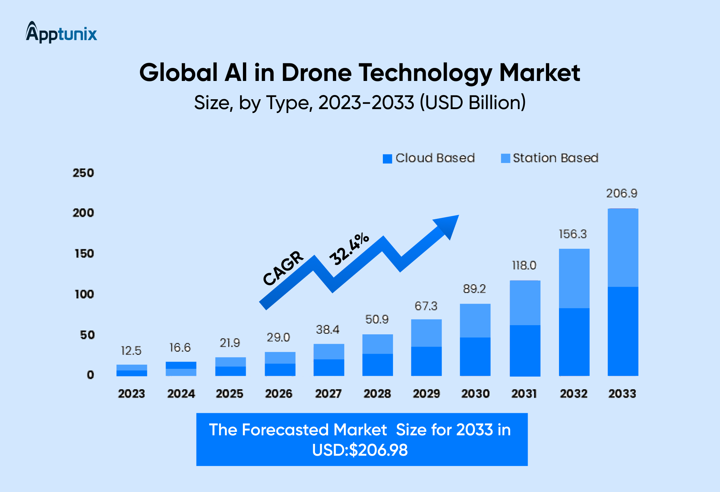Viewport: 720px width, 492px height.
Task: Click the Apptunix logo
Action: pos(61,33)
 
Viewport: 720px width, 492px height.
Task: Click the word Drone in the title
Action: pos(316,73)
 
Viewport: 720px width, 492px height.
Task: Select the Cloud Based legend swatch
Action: pos(387,159)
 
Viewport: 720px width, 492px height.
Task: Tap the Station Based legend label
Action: pos(555,158)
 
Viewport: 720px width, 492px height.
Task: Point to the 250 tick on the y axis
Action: pos(83,173)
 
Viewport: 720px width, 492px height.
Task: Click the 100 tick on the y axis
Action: pos(84,294)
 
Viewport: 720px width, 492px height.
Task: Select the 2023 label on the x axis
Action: pos(131,393)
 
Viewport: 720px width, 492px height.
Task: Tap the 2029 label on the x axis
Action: pos(426,393)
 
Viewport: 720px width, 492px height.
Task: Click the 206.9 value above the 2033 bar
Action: pos(622,193)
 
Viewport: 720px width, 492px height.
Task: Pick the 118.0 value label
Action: pos(524,265)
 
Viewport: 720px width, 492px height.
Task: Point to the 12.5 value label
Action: pos(131,351)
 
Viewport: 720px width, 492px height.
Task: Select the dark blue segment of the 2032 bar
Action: pos(574,341)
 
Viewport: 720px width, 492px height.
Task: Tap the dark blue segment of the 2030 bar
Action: pos(475,356)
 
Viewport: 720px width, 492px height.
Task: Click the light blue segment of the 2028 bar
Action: pos(378,344)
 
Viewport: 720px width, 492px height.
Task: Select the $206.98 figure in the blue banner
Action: pos(378,450)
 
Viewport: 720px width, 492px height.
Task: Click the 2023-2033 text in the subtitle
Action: pos(366,103)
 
